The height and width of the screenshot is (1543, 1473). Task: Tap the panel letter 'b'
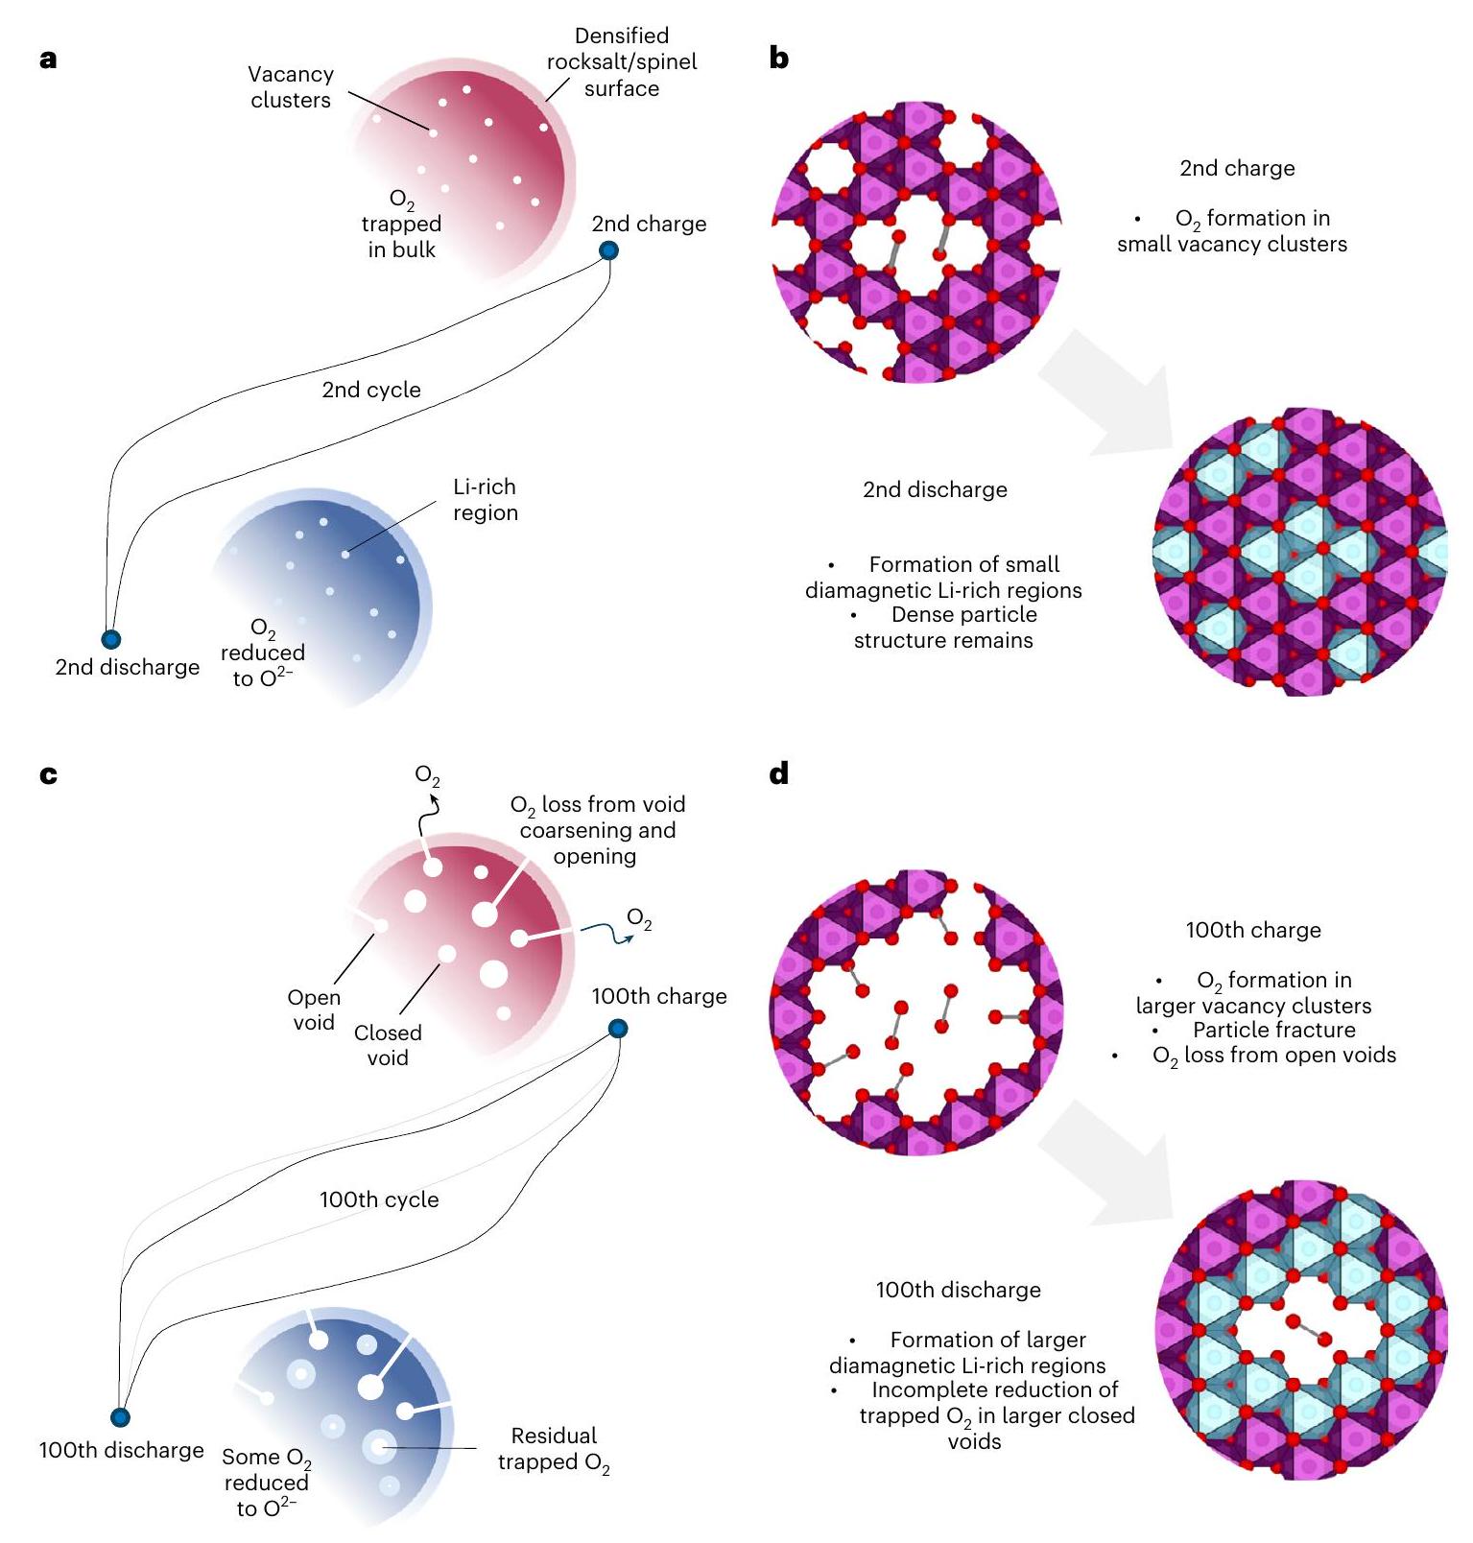pos(779,59)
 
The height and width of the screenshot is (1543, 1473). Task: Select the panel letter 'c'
pos(49,774)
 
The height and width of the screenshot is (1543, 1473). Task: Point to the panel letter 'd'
pos(779,773)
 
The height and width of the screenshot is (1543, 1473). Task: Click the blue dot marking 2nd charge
pos(608,251)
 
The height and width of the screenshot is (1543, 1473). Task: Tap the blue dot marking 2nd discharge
pos(111,639)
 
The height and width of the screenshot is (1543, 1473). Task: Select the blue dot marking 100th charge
pos(618,1030)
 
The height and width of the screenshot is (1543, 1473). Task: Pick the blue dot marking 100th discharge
pos(120,1417)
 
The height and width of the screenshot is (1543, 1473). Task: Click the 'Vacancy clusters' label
pos(291,87)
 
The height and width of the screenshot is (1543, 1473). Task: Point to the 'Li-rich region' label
pos(486,500)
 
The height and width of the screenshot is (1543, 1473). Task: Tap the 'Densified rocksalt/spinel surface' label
pos(622,62)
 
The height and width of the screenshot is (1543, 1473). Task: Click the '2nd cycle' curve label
pos(371,390)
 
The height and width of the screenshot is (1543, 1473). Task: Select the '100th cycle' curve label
pos(379,1199)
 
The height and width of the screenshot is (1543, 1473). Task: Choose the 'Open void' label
pos(314,1009)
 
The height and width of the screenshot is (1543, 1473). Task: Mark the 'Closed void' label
pos(388,1045)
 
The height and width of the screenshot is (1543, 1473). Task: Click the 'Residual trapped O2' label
pos(554,1449)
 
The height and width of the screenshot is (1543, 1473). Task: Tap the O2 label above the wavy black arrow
pos(427,775)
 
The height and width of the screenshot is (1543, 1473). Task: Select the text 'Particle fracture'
pos(1273,1030)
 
